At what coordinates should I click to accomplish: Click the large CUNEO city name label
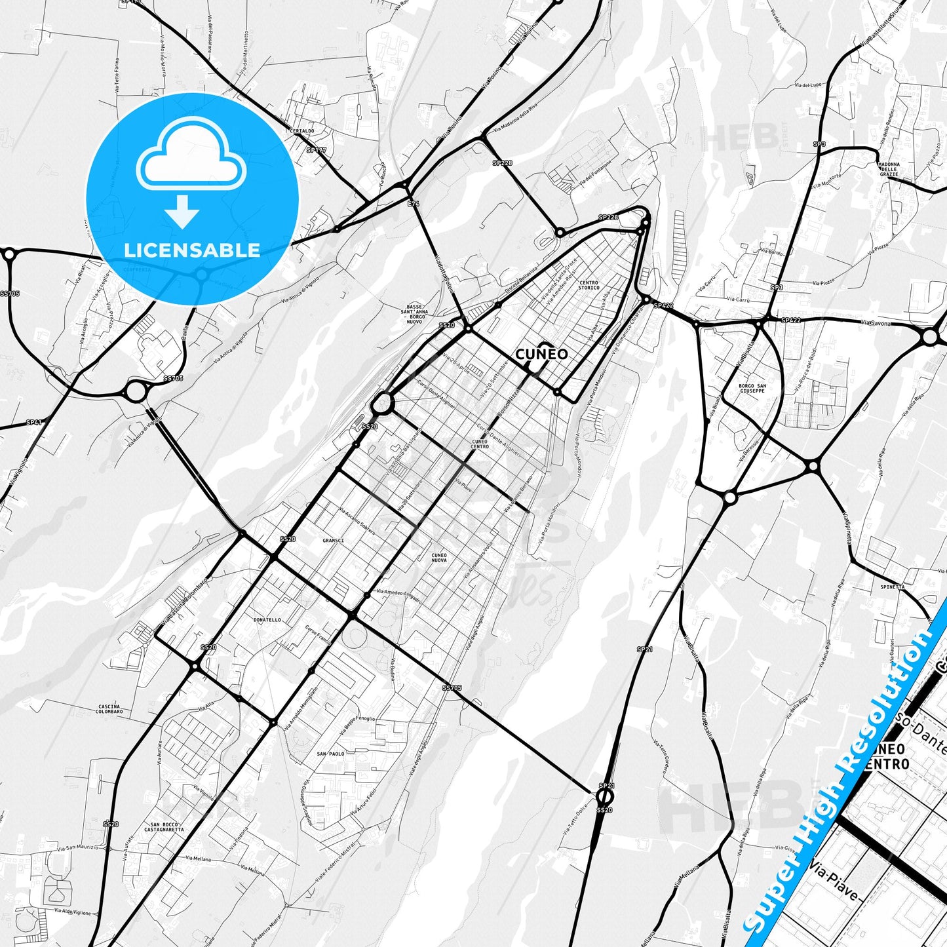(x=541, y=355)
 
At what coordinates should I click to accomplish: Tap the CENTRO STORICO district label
(x=589, y=285)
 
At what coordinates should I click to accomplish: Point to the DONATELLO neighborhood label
(x=267, y=619)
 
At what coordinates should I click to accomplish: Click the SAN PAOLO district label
(x=331, y=754)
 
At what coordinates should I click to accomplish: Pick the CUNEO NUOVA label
(x=439, y=558)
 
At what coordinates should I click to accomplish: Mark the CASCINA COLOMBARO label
(x=109, y=708)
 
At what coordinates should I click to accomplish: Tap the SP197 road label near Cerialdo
(x=317, y=150)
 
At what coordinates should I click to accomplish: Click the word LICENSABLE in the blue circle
(x=192, y=250)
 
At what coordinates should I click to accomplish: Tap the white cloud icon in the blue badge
(x=191, y=159)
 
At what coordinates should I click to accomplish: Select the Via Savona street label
(x=876, y=322)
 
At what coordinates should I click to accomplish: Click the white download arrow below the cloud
(x=183, y=210)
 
